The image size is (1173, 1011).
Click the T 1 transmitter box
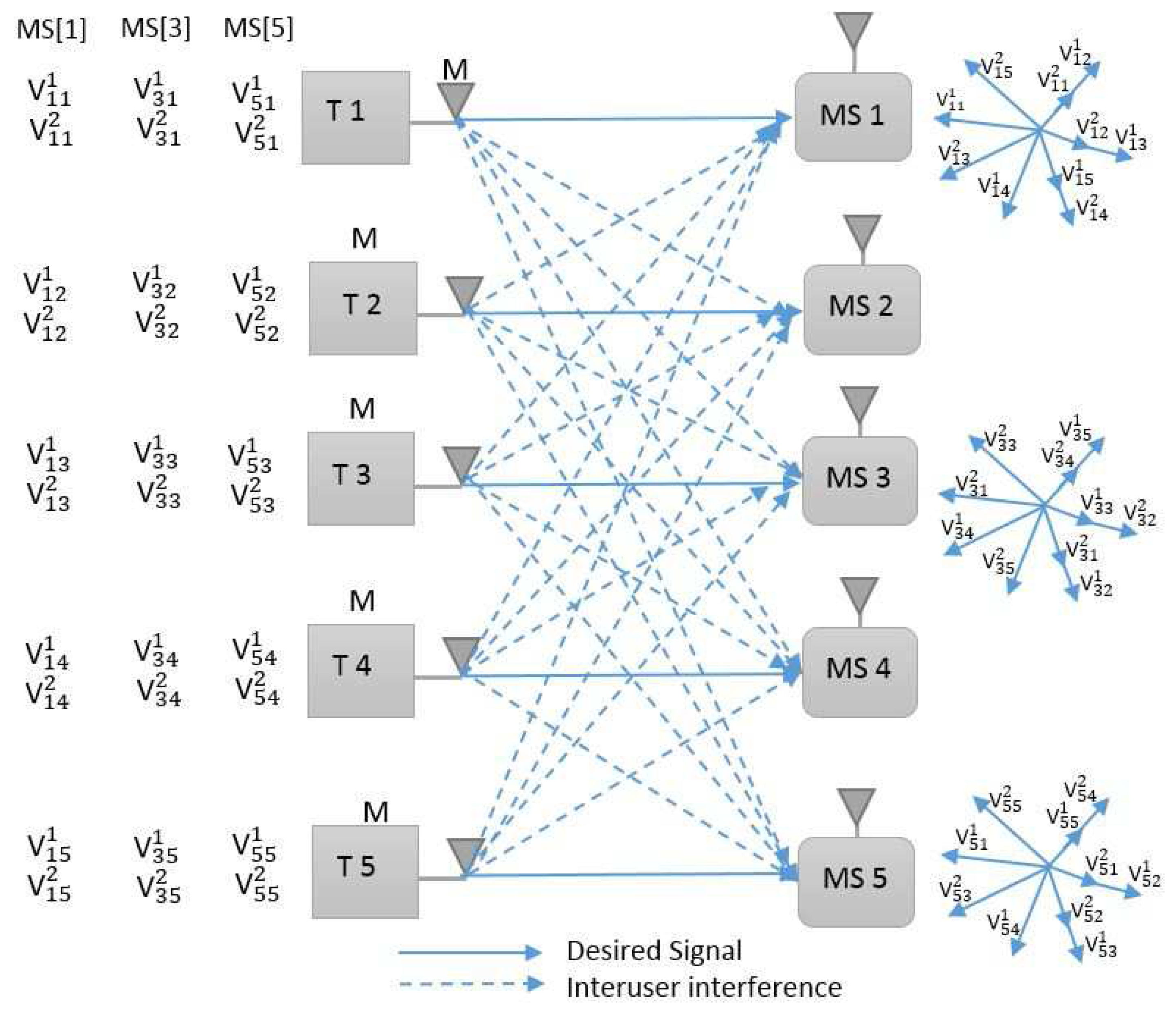coord(355,117)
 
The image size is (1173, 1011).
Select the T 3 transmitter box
coord(360,478)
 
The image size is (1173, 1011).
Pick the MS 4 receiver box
coord(859,671)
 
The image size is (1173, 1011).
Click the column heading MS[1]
coord(51,29)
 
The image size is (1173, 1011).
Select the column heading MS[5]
coord(258,29)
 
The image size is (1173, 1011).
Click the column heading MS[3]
coord(155,29)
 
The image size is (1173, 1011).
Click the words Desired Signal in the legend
coord(653,950)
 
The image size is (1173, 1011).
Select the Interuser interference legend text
coord(704,987)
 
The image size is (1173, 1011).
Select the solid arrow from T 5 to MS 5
coord(623,875)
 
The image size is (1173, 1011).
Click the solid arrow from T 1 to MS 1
coord(623,119)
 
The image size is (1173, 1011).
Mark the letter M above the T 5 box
coord(376,812)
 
